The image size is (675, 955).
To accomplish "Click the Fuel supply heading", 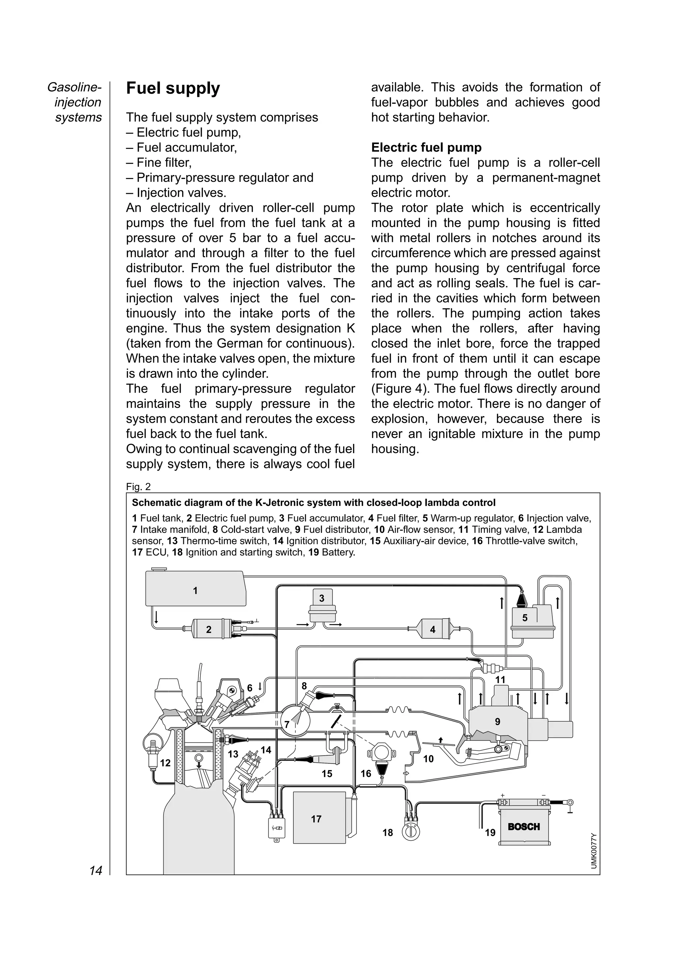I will (x=173, y=89).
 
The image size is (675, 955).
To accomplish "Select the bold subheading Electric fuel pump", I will (x=426, y=147).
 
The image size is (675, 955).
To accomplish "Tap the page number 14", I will (x=96, y=870).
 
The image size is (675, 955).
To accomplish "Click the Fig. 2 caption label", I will (x=138, y=486).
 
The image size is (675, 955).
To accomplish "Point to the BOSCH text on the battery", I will (x=524, y=826).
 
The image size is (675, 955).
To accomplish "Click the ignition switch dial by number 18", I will (x=410, y=832).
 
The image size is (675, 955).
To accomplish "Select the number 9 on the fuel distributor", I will (x=497, y=722).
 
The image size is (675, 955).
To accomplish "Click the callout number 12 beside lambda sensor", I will (x=165, y=763).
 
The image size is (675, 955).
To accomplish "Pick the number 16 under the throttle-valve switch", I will (x=366, y=774).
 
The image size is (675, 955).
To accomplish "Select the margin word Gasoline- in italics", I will (x=74, y=87).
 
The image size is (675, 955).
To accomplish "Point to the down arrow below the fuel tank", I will (x=156, y=617).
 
